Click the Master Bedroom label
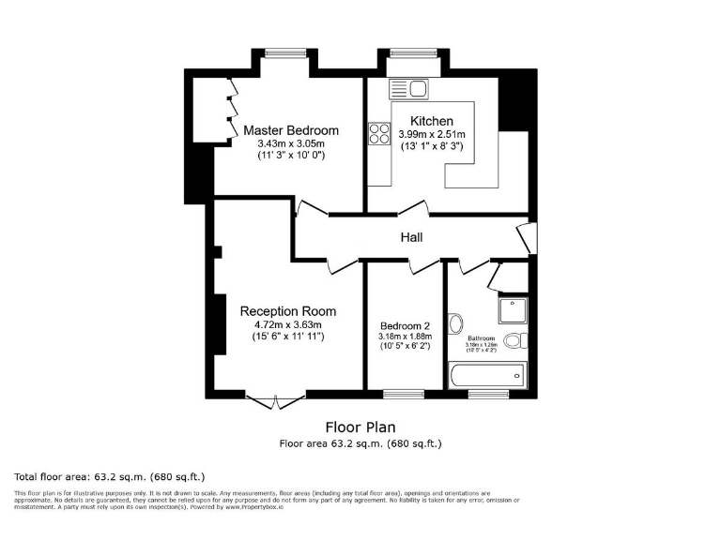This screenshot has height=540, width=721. point(291,130)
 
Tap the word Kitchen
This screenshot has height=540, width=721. point(432,121)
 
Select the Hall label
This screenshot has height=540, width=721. point(412,238)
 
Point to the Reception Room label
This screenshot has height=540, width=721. point(287,311)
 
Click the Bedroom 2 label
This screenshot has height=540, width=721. point(406,325)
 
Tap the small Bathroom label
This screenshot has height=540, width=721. point(482,337)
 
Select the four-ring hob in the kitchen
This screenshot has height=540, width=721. point(379,134)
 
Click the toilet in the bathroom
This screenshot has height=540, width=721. point(516,340)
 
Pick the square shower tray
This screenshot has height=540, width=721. point(514,310)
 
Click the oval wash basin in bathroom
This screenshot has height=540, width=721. point(456,324)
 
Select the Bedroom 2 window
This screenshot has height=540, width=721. point(404,394)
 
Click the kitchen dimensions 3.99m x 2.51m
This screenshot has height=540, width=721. point(432,135)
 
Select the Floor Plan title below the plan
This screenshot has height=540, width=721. point(360,427)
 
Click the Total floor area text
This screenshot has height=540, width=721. point(111,476)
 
